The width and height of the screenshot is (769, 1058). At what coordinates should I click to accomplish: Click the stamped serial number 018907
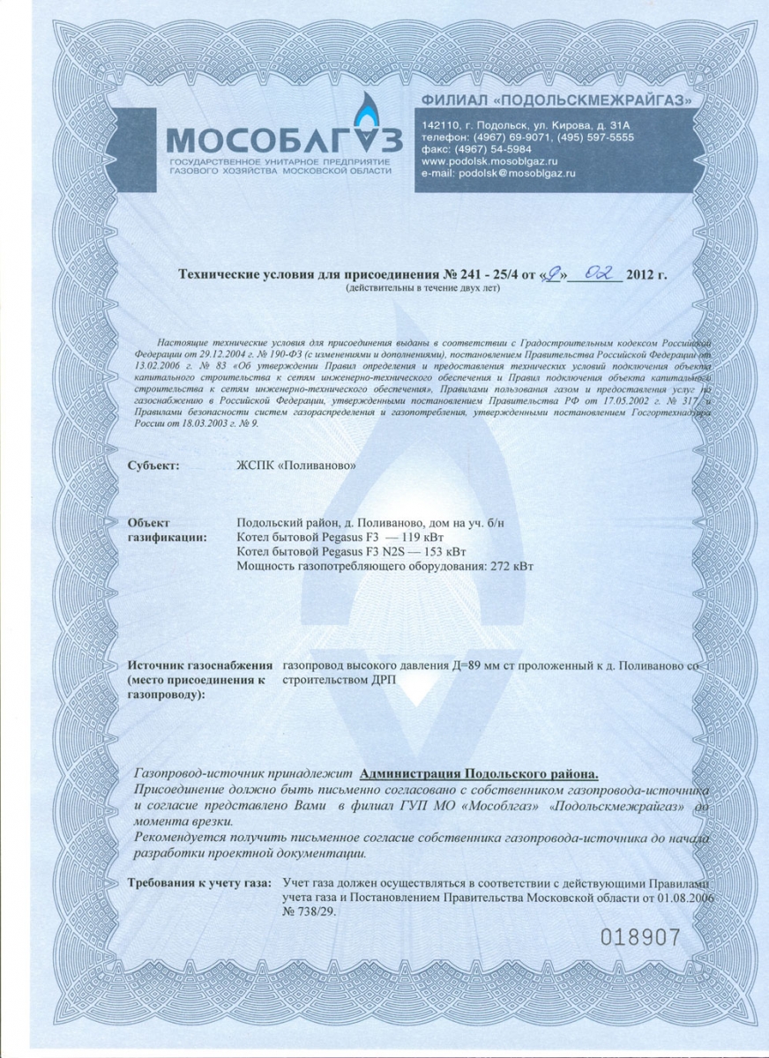[640, 936]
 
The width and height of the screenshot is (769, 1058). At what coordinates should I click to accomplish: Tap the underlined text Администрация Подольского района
[480, 773]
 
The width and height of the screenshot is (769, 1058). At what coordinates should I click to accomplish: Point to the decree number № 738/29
[309, 912]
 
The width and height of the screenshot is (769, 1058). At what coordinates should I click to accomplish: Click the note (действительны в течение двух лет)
[423, 288]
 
